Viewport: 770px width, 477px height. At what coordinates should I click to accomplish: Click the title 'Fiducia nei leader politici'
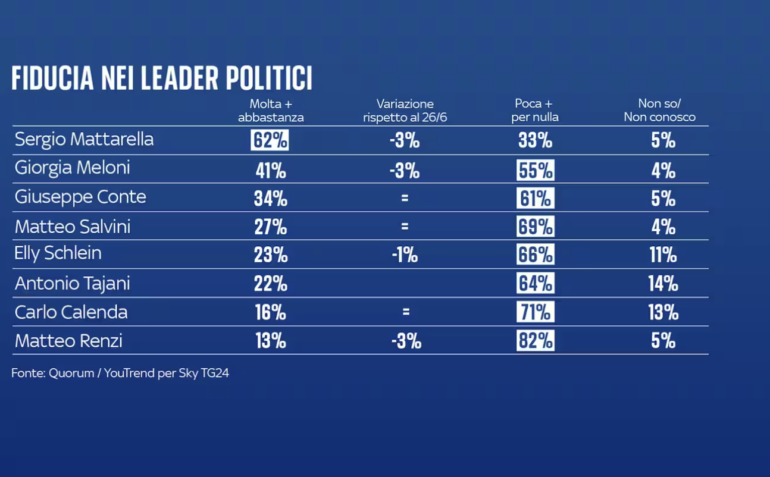click(162, 78)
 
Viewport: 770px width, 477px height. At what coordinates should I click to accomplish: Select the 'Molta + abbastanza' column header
click(271, 111)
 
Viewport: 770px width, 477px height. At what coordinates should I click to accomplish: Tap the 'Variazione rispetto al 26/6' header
click(405, 111)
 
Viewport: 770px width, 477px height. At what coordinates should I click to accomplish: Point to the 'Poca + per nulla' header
click(535, 111)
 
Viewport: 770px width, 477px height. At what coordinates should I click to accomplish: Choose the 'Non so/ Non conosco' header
click(659, 111)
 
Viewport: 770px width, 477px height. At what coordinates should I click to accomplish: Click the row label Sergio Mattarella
click(84, 139)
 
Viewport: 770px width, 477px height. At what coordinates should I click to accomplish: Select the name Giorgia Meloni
click(72, 168)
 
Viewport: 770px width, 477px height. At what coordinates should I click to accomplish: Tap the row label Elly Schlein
click(58, 253)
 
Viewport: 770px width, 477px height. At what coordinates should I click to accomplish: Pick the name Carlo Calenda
click(71, 312)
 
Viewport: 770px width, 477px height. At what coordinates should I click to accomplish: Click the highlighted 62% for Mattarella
click(270, 140)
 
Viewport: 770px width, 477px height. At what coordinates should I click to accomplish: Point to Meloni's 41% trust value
click(270, 171)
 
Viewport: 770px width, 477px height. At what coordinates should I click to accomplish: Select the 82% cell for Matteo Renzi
click(535, 341)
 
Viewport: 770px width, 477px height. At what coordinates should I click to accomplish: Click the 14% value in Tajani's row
click(663, 284)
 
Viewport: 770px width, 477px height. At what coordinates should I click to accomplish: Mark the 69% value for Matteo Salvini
click(535, 227)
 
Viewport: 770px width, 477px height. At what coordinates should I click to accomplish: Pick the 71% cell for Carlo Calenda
click(535, 312)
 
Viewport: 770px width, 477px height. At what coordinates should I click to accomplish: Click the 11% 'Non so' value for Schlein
click(663, 255)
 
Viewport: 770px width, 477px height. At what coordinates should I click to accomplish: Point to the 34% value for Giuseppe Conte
click(270, 199)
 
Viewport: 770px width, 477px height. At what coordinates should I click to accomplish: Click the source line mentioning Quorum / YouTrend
click(120, 374)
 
